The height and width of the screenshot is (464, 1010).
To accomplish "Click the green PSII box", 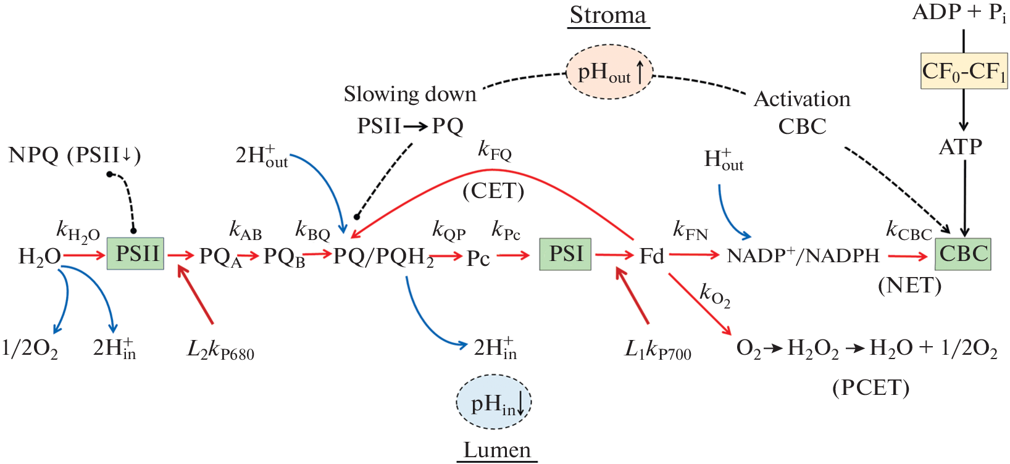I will click(135, 254).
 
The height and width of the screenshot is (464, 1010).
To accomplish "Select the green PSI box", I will click(565, 254).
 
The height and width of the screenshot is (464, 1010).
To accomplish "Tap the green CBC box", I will click(962, 254).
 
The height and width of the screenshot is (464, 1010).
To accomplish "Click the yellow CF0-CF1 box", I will click(964, 72).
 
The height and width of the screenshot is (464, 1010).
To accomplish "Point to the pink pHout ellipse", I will click(609, 72).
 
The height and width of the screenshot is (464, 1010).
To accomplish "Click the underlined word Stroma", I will click(608, 15).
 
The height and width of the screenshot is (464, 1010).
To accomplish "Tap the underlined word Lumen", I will click(497, 450).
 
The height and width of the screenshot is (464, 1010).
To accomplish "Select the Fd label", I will click(651, 255).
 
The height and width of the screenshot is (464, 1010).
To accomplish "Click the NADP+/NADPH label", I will click(803, 255).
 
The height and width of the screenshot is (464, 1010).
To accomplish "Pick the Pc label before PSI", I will click(478, 258).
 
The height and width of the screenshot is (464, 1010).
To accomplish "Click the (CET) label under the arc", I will click(493, 191).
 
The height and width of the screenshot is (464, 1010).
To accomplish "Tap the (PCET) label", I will click(870, 387).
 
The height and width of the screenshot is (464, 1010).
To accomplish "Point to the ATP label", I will click(960, 147).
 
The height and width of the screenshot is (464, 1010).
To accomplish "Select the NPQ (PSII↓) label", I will click(75, 155).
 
